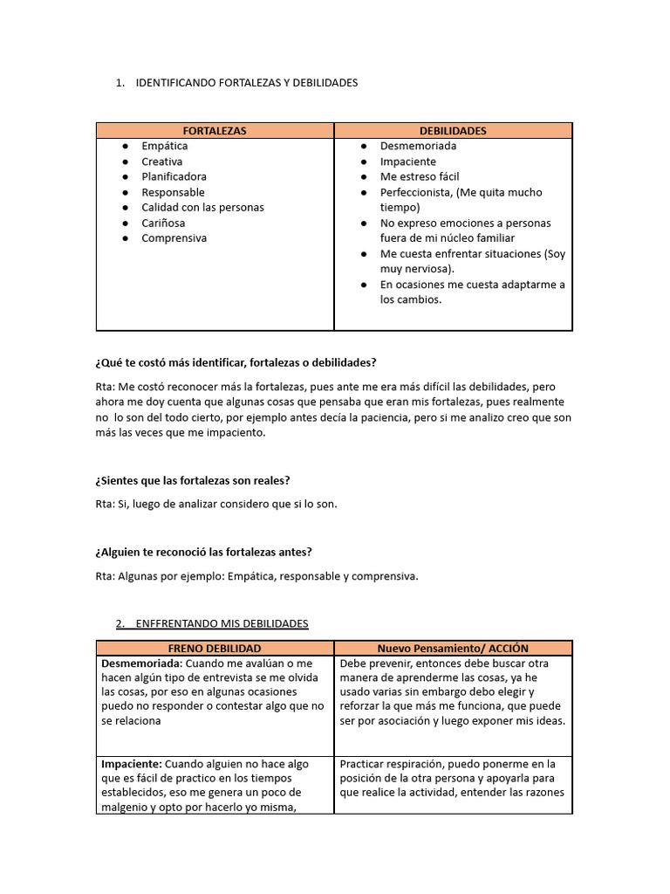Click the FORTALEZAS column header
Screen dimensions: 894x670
[215, 131]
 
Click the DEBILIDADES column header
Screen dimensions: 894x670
[453, 131]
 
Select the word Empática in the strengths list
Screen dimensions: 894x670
[165, 146]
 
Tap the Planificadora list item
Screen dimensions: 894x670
[174, 176]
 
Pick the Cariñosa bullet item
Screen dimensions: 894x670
[163, 223]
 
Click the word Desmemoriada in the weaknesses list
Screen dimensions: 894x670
[418, 146]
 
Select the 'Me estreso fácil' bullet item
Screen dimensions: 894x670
[419, 176]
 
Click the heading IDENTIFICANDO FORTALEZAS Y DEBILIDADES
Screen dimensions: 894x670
[247, 83]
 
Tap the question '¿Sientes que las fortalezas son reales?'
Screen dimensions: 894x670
[193, 481]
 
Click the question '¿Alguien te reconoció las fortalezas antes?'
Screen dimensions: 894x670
[203, 552]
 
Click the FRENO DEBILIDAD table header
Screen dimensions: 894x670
[215, 649]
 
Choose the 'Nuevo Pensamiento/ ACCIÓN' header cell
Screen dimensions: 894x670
[453, 649]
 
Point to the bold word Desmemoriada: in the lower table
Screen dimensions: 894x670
[141, 664]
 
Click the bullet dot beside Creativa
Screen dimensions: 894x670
[126, 162]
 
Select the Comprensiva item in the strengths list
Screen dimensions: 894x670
[174, 238]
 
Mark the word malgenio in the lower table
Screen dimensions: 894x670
[125, 807]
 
